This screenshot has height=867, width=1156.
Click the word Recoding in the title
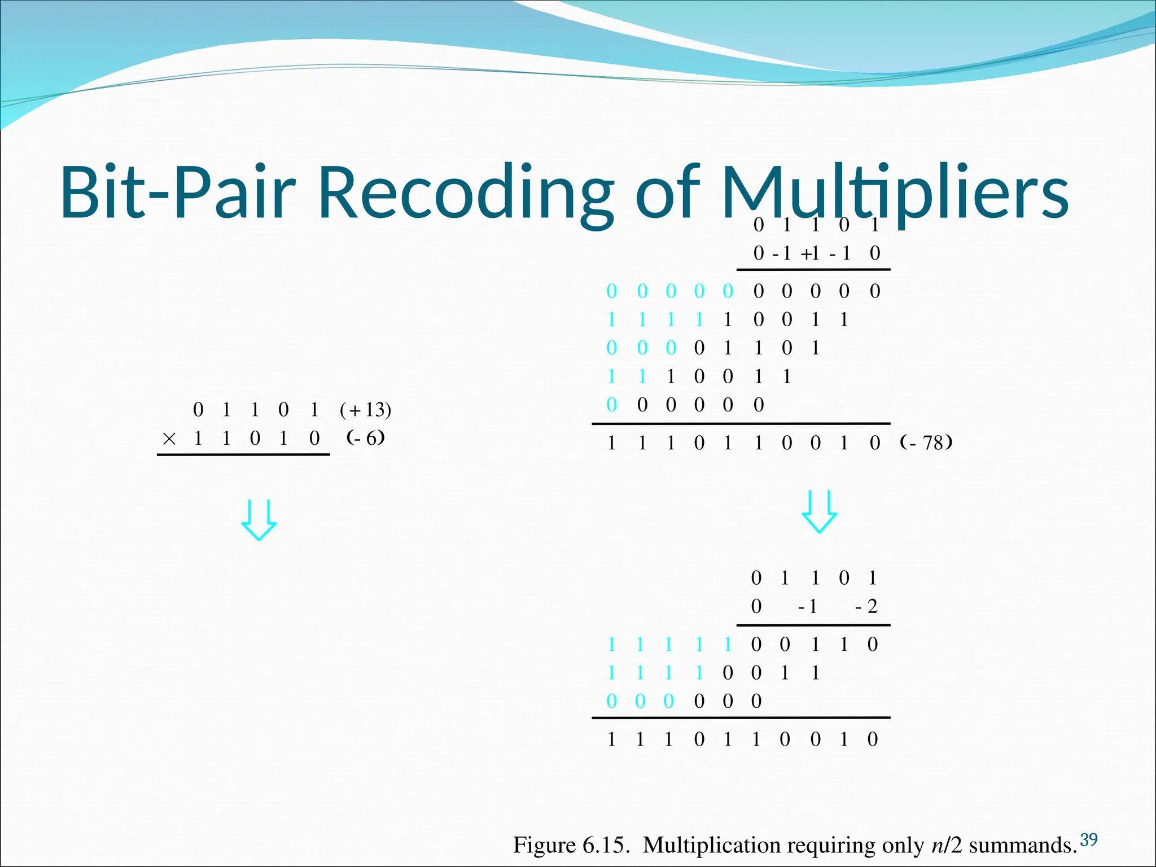point(466,192)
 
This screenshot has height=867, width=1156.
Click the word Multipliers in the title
point(895,192)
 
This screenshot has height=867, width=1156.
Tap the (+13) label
point(365,410)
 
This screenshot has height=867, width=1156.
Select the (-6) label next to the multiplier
point(366,438)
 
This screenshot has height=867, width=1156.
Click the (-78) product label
point(926,443)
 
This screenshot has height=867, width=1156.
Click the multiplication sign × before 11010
point(169,439)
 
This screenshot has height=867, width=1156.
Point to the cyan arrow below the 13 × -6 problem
point(259,520)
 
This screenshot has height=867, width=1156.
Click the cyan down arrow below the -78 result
point(819,511)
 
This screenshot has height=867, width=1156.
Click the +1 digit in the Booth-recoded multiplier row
point(811,253)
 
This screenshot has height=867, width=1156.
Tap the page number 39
point(1088,839)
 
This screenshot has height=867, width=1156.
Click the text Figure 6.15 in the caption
point(570,846)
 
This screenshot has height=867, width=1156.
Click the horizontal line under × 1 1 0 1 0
point(243,454)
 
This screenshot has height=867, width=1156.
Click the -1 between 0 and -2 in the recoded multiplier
point(807,607)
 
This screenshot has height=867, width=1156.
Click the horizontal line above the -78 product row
point(741,423)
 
